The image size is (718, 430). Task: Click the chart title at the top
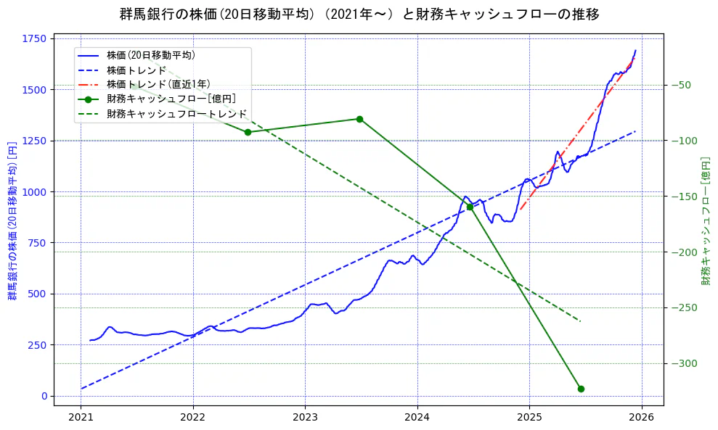[x=359, y=14]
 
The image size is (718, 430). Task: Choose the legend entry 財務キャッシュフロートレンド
[x=176, y=115]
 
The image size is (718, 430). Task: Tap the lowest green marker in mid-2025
[x=581, y=389]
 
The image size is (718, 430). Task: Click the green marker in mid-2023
[x=359, y=119]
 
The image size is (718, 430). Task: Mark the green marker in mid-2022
[x=248, y=132]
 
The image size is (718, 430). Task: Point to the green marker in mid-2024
[x=470, y=207]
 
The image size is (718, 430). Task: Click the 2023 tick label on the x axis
[x=305, y=418]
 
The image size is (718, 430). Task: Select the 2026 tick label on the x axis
[x=641, y=418]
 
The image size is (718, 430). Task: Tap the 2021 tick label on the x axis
[x=81, y=418]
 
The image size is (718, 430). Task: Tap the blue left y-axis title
[x=12, y=221]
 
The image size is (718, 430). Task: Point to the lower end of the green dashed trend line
[x=581, y=321]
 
